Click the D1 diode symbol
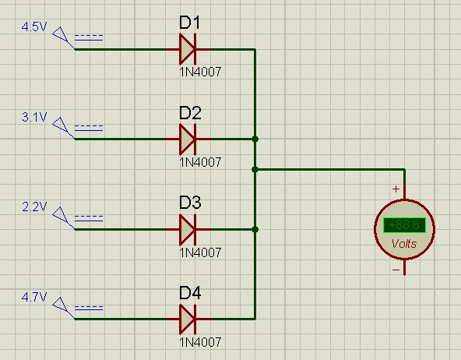click(188, 49)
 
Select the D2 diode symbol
click(188, 139)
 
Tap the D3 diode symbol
click(188, 229)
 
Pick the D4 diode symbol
click(188, 319)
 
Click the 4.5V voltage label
click(34, 26)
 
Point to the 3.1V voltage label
click(34, 117)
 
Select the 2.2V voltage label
click(34, 207)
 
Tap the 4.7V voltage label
click(34, 297)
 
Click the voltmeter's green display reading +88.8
click(405, 225)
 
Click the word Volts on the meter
click(404, 244)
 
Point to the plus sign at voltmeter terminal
click(396, 189)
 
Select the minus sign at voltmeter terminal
click(396, 270)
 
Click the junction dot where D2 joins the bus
click(255, 139)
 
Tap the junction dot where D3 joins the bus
click(255, 229)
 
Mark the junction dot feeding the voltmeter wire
click(255, 169)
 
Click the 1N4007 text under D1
click(200, 72)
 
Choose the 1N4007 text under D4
click(200, 342)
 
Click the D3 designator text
click(190, 203)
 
